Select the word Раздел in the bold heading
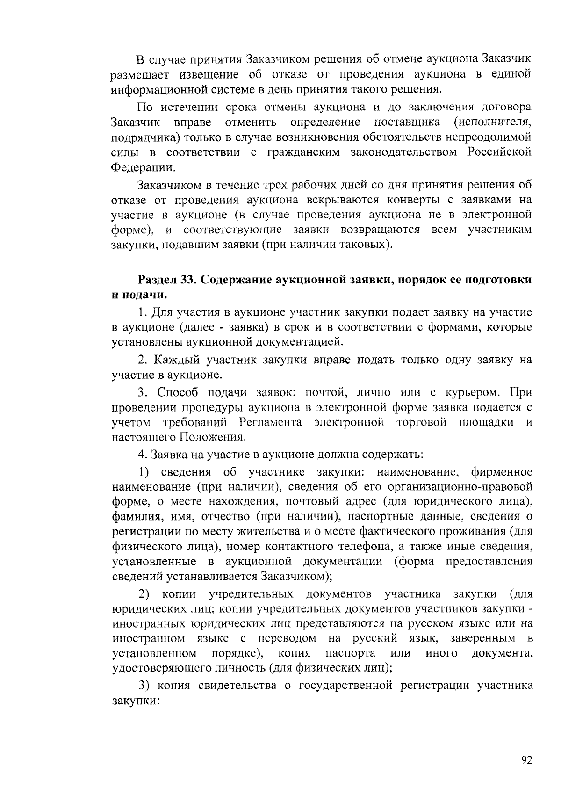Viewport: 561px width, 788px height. tap(158, 280)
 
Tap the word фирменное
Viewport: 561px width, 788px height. tap(503, 472)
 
